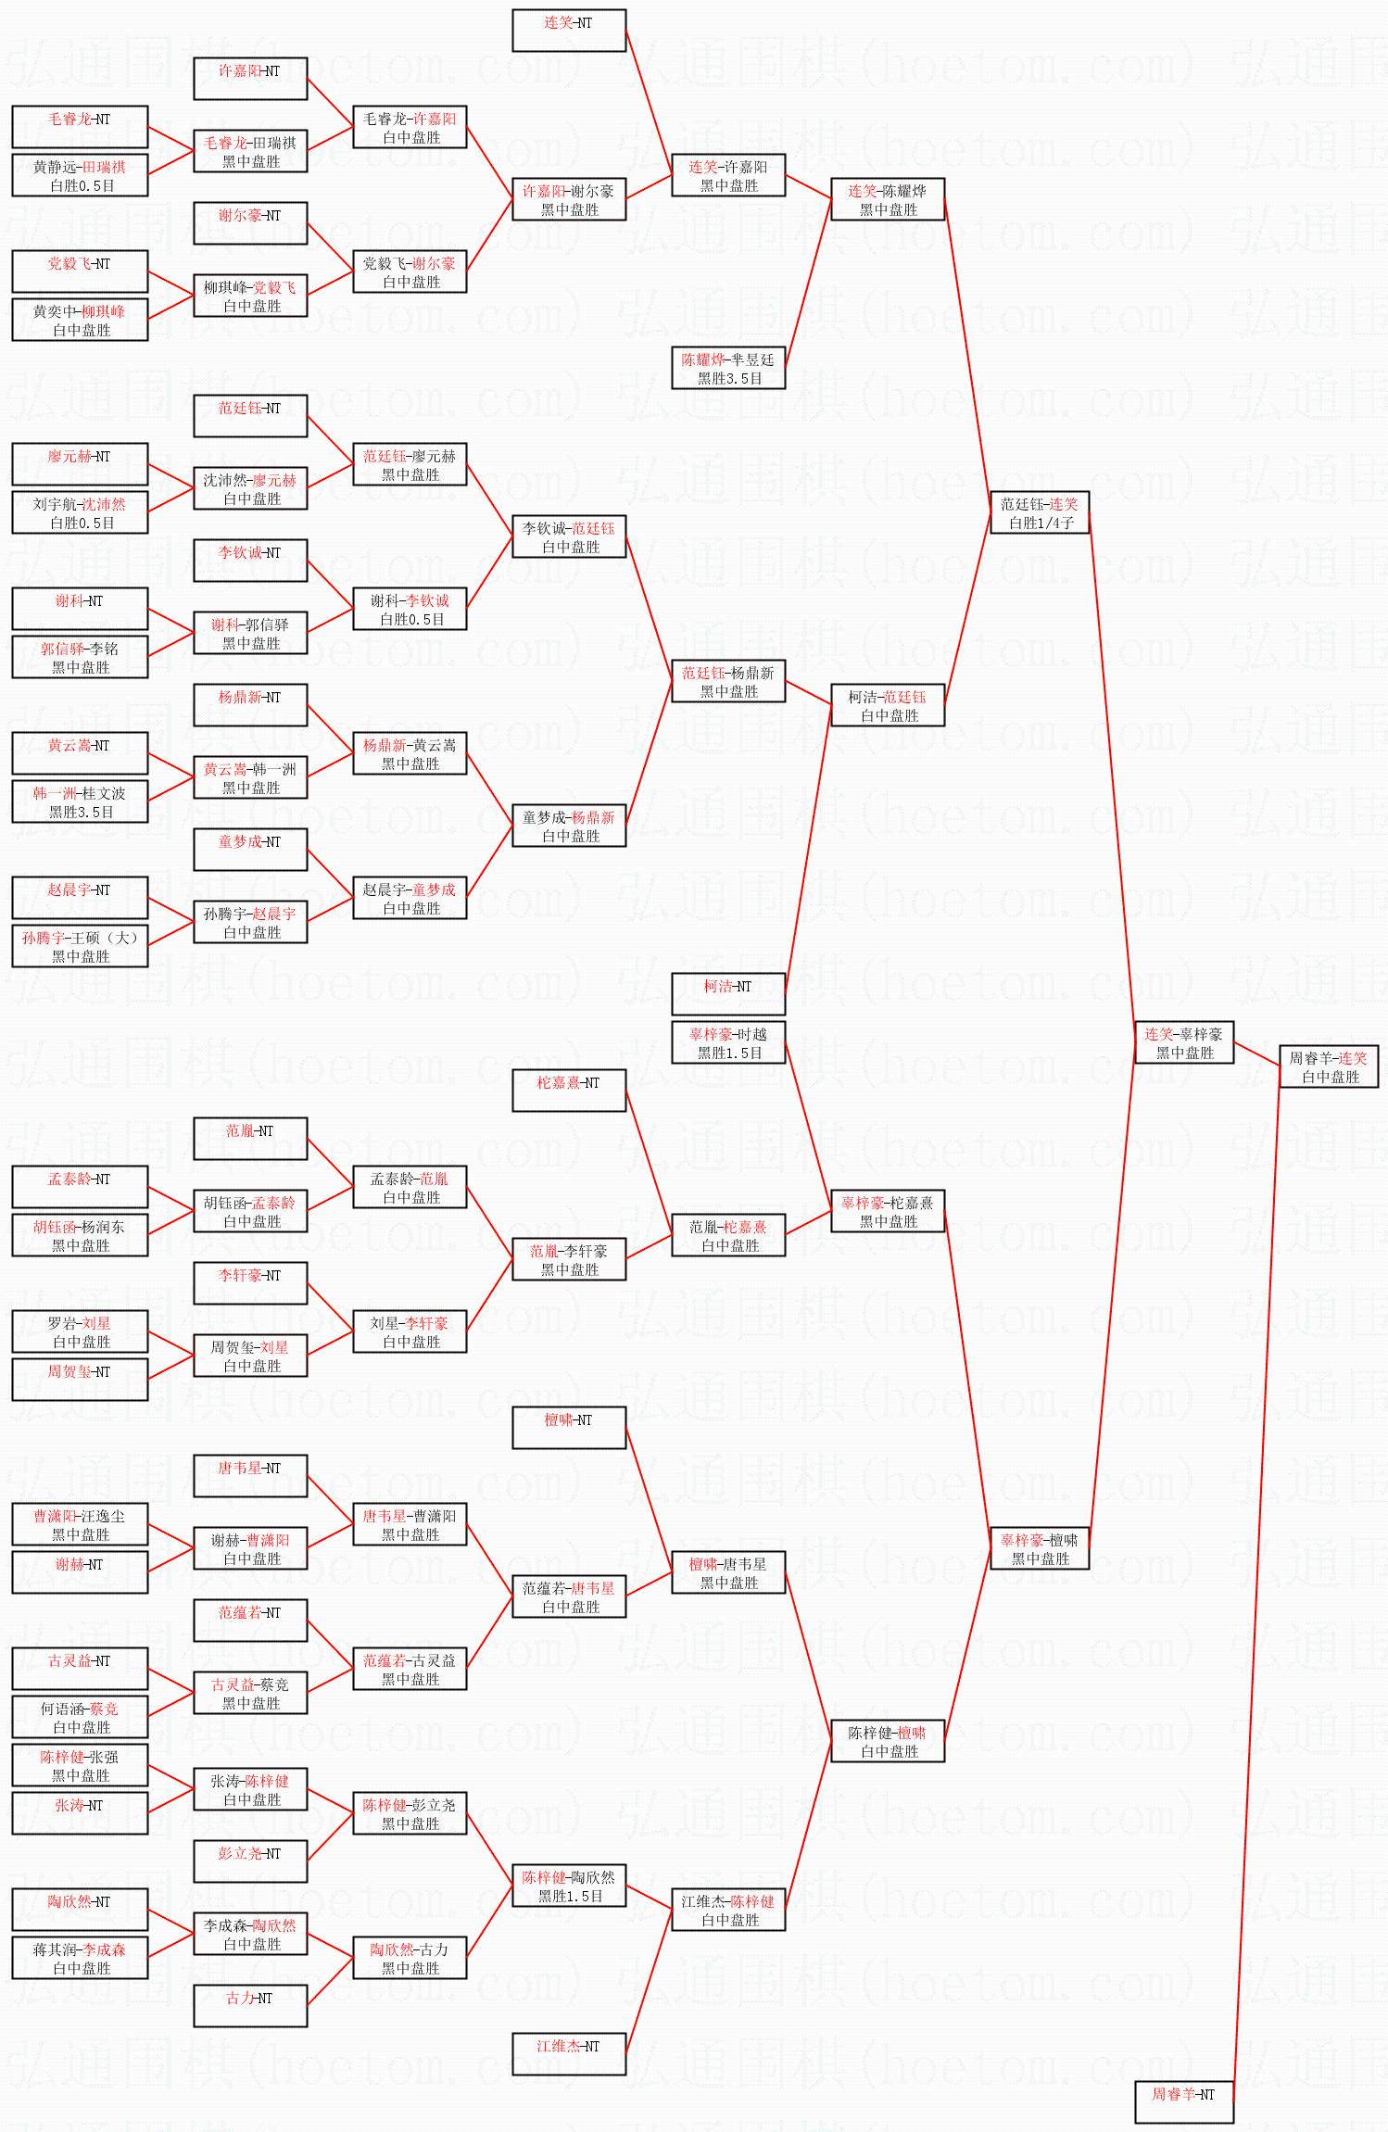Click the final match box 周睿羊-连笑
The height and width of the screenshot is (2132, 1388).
pos(1329,1066)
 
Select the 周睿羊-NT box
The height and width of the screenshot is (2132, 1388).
pos(1183,2101)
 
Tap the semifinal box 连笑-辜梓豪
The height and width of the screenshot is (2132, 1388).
pos(1183,1042)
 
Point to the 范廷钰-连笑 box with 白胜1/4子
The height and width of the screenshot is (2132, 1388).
pos(1039,512)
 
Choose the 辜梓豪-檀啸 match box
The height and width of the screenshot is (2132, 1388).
pos(1039,1548)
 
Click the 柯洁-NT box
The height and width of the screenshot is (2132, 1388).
pos(727,993)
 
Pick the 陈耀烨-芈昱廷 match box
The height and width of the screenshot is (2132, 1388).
pos(727,368)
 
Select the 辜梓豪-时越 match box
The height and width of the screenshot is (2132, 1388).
pos(727,1042)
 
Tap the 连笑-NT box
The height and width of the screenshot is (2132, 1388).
pos(568,30)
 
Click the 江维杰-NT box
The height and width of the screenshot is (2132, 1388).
pos(568,2053)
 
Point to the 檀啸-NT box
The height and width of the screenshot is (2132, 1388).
pos(568,1427)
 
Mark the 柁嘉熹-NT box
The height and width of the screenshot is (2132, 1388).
pos(568,1090)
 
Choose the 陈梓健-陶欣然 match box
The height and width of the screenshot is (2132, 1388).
pos(568,1886)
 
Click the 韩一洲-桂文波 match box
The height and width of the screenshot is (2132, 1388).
pos(79,801)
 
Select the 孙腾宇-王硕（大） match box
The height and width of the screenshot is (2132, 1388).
pos(79,946)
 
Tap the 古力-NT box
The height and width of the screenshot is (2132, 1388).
pos(249,2005)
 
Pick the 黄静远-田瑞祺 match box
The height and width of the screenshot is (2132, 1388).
pos(79,175)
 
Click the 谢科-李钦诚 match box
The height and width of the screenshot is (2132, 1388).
pos(409,609)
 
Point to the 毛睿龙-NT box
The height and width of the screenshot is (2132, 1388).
pos(79,126)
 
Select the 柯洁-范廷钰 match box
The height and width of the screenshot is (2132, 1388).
pos(887,705)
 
